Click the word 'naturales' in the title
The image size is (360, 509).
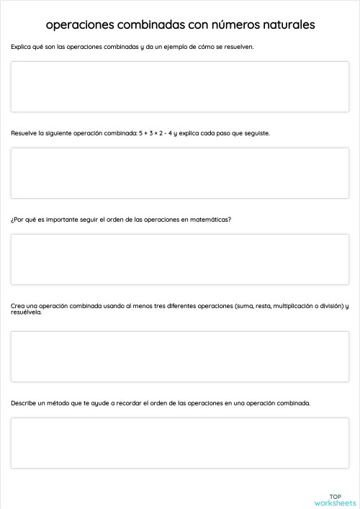[283, 25]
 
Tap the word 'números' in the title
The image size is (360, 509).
[222, 25]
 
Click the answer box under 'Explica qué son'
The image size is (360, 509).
[179, 86]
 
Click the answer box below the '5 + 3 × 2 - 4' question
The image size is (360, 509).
[179, 173]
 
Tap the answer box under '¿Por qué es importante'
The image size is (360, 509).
[179, 259]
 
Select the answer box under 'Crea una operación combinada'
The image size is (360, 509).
[179, 356]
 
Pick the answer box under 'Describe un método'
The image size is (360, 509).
[179, 443]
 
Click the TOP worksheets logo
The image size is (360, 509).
[335, 500]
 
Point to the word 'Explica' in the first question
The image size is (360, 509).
[21, 47]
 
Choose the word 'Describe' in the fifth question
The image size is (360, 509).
[24, 403]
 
